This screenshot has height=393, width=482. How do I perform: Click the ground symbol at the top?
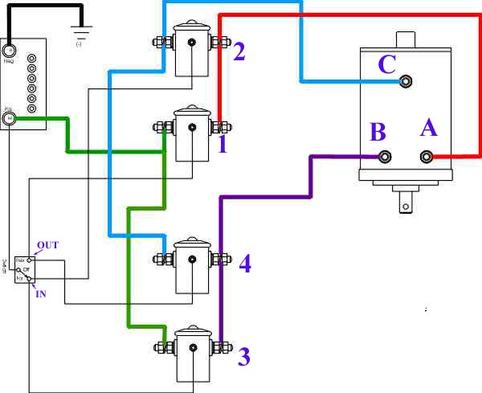click(x=80, y=35)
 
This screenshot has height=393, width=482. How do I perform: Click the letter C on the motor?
click(x=386, y=64)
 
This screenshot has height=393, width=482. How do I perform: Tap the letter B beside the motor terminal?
click(x=378, y=132)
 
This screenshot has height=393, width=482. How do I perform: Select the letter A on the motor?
click(x=428, y=129)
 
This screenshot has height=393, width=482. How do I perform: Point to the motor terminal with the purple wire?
click(x=385, y=157)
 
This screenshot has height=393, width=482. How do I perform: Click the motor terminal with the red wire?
click(x=427, y=157)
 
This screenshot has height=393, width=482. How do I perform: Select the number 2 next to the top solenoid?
click(x=239, y=53)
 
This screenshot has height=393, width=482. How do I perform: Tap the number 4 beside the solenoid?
click(x=245, y=264)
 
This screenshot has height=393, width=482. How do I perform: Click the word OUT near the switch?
click(x=47, y=244)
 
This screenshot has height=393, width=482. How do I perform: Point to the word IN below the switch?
click(x=41, y=294)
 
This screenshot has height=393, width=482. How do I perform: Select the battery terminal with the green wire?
click(x=10, y=118)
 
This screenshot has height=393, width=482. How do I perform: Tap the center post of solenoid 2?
click(x=192, y=43)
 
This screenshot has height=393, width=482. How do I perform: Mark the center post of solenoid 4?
click(x=192, y=259)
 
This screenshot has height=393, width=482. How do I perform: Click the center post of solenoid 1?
click(x=192, y=126)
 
